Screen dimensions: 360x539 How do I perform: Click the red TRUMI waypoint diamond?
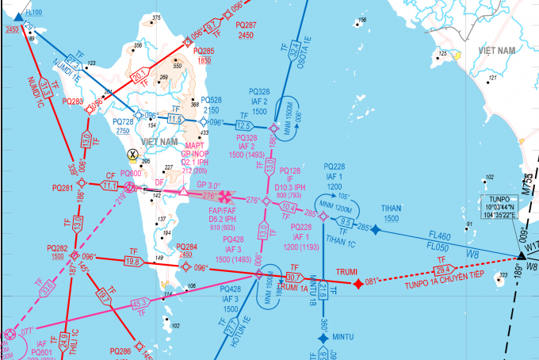point(358,282)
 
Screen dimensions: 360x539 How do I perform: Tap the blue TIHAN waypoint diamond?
point(376,230)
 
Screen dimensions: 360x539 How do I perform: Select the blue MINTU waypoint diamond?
point(323,339)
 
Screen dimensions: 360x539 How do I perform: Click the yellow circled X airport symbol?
point(132,155)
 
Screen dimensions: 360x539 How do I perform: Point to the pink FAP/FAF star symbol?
point(226,194)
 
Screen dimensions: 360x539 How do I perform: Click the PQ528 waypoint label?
point(211,100)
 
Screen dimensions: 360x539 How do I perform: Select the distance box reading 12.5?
point(244,125)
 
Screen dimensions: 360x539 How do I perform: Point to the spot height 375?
point(156,17)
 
